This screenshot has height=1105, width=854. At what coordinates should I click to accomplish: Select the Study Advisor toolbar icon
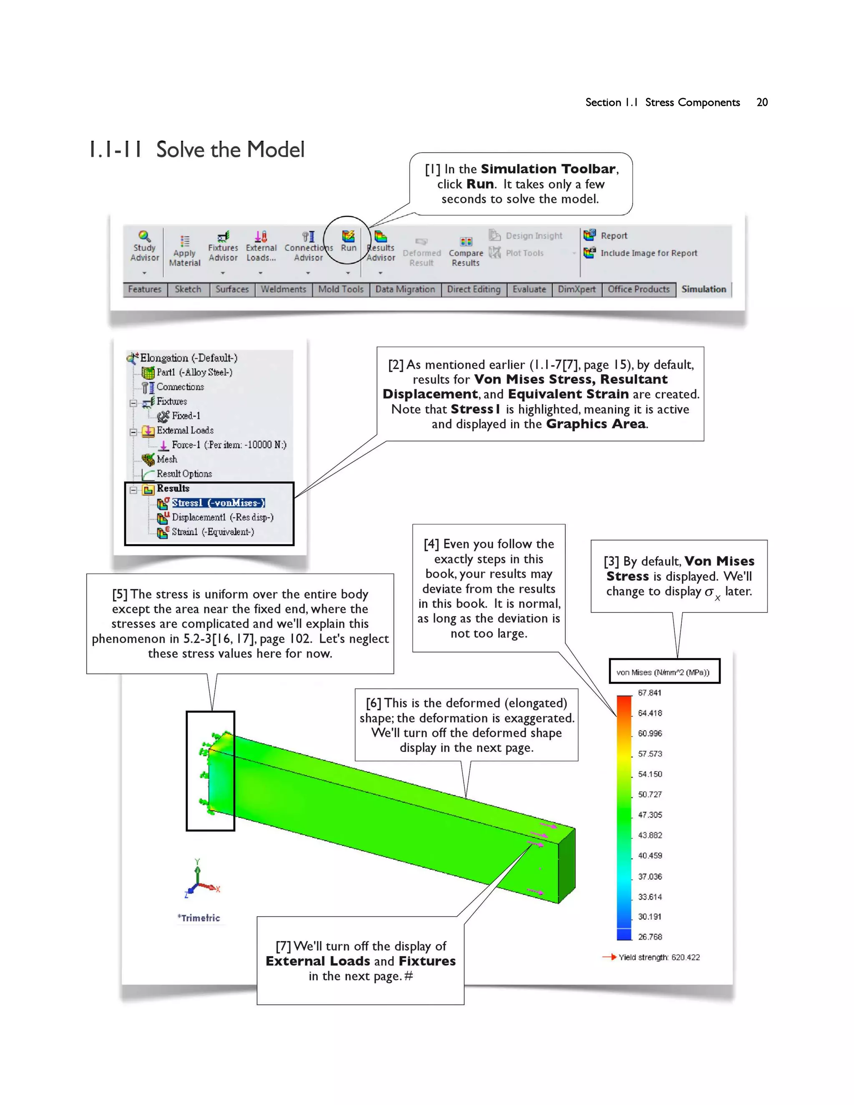(145, 245)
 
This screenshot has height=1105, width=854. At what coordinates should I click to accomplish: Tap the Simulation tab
(703, 289)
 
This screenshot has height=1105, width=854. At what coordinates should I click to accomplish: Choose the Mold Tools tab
(341, 289)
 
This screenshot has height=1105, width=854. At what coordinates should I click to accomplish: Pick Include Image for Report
(648, 253)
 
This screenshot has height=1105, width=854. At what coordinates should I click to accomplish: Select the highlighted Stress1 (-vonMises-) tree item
(218, 503)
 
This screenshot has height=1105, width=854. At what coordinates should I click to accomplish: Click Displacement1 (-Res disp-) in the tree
(222, 517)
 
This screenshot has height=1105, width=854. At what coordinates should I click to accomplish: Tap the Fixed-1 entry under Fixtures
(185, 416)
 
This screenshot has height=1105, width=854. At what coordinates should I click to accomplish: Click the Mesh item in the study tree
(166, 460)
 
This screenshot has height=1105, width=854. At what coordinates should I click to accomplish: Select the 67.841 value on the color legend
(649, 693)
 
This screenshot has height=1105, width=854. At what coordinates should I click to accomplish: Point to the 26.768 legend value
(650, 937)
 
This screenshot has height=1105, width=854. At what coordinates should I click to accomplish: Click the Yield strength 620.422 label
(659, 957)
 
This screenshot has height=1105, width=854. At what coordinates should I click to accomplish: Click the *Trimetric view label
(199, 918)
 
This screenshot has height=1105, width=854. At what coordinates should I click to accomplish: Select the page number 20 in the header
(762, 102)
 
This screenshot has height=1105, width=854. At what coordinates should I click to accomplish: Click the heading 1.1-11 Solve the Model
(196, 150)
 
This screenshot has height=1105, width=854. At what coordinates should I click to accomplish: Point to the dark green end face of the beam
(567, 865)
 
